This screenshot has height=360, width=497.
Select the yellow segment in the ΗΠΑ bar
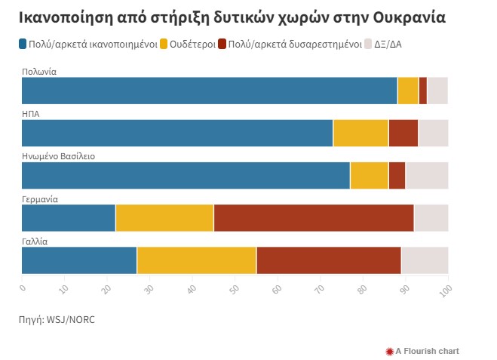[360, 133]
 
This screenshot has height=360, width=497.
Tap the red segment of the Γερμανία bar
[314, 218]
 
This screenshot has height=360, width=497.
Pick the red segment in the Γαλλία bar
[328, 260]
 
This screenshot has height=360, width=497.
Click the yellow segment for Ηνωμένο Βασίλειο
[370, 175]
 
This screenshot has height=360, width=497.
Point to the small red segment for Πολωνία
[422, 91]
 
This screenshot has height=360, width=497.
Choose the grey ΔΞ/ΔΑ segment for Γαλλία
[425, 260]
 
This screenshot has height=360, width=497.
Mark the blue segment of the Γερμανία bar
[69, 218]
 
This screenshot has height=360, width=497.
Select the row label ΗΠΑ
[31, 114]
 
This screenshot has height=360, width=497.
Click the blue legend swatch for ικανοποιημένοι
[23, 45]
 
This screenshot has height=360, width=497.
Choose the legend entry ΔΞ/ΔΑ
[388, 45]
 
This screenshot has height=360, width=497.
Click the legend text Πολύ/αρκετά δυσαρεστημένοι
[295, 45]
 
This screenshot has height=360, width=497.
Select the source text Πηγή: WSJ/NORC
[57, 320]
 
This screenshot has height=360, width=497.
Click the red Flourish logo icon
[389, 351]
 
